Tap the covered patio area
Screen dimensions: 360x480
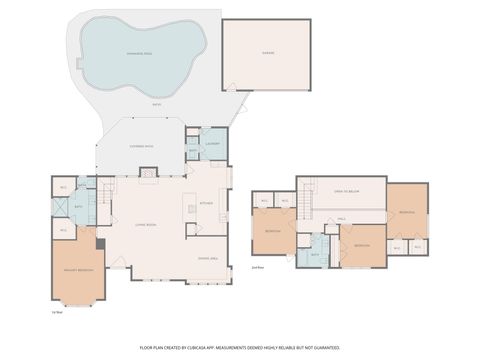[142, 146]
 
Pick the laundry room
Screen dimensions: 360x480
[213, 143]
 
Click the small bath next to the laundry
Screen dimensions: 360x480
[192, 152]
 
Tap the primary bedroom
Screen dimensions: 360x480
[77, 270]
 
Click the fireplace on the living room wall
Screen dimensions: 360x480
[147, 172]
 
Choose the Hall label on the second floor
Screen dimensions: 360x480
[341, 218]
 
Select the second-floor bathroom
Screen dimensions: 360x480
[315, 254]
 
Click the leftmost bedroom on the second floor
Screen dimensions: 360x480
[273, 232]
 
